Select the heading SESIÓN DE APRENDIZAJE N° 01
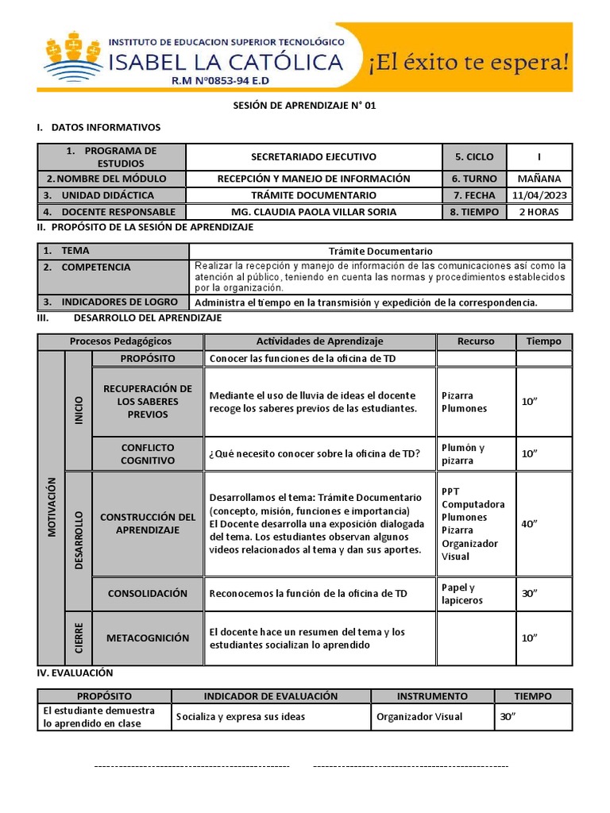click(x=303, y=105)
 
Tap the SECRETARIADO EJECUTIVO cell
click(x=314, y=157)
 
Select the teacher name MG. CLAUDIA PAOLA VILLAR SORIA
click(x=314, y=212)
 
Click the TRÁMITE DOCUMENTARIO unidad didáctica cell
click(x=314, y=195)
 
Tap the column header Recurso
click(x=476, y=341)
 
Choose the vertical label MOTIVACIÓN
click(x=52, y=507)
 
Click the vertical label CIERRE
click(x=79, y=638)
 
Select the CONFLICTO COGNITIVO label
click(x=148, y=454)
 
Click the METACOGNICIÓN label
click(x=148, y=638)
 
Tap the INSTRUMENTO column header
click(x=432, y=696)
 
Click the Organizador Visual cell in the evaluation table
click(x=419, y=717)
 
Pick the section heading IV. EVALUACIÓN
click(x=75, y=672)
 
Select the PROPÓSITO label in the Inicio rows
click(x=148, y=359)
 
